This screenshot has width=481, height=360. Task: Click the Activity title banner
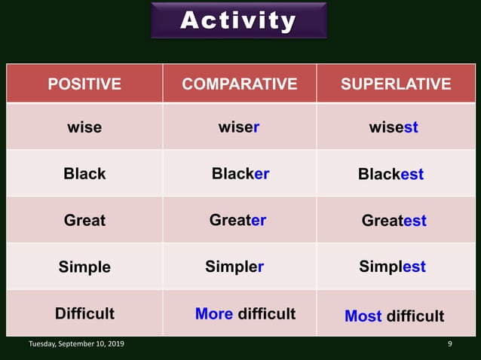(x=238, y=20)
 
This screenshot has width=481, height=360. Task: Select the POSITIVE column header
(x=84, y=84)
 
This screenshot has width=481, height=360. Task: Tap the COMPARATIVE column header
(x=240, y=84)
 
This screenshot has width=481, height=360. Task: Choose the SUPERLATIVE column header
(x=396, y=84)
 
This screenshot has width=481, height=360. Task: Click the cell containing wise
(x=84, y=127)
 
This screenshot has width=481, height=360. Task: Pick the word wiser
(x=239, y=127)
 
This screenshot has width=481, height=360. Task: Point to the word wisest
(x=394, y=127)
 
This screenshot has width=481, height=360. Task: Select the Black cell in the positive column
(x=84, y=173)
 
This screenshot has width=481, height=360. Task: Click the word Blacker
(x=240, y=173)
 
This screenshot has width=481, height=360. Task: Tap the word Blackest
(x=391, y=175)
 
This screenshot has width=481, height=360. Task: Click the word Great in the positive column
(x=84, y=220)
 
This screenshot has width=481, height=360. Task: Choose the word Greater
(x=237, y=220)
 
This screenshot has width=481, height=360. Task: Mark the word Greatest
(x=394, y=221)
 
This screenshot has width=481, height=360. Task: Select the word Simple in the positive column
(x=84, y=267)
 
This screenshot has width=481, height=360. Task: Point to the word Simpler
(x=234, y=267)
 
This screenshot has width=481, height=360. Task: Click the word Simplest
(x=392, y=267)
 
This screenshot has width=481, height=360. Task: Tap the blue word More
(x=214, y=313)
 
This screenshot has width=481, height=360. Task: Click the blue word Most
(x=363, y=316)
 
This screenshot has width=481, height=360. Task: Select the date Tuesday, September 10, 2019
(x=77, y=344)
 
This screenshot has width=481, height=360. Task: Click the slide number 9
(x=449, y=344)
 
